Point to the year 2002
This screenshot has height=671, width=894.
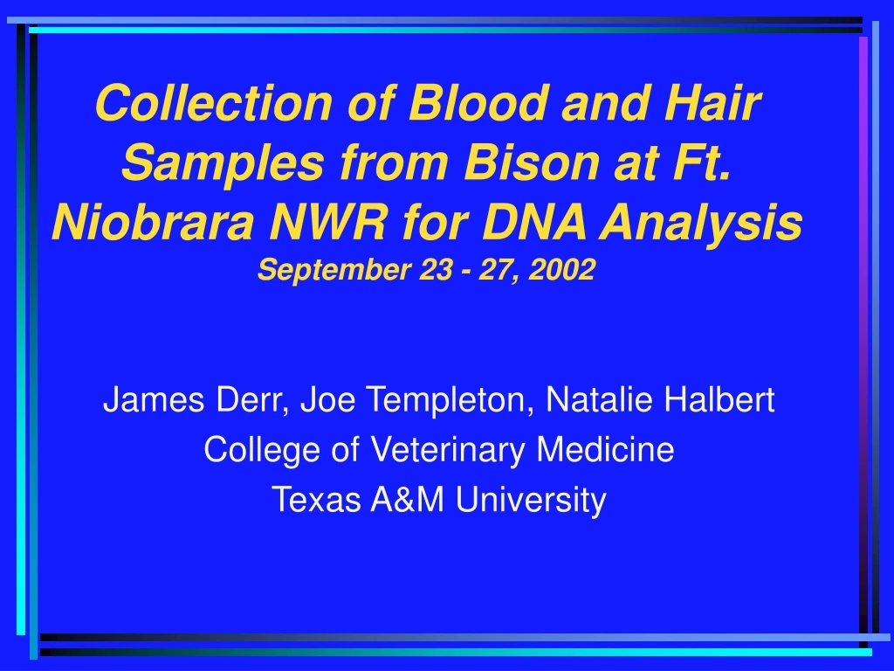pyautogui.click(x=567, y=272)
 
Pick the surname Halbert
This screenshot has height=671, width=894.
pyautogui.click(x=720, y=401)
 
